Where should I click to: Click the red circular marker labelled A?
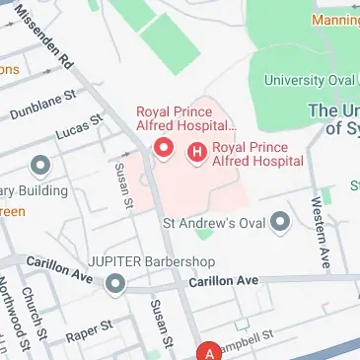point(209,351)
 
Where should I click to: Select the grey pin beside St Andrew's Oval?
point(281,222)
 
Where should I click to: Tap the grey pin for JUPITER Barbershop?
point(116,285)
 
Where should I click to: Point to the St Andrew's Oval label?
point(214,222)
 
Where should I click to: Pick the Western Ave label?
point(319,233)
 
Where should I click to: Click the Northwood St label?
point(7,316)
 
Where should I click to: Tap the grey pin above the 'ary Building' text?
point(41,165)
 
